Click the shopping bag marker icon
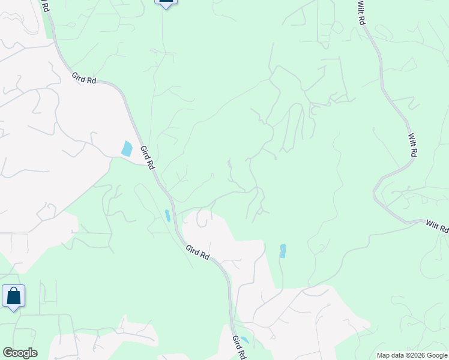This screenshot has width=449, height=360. click(x=13, y=296)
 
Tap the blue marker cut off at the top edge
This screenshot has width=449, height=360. click(x=166, y=2)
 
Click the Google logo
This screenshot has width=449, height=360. click(x=20, y=353)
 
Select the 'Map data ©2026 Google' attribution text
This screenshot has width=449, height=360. click(x=411, y=355)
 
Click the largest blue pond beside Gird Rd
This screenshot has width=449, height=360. click(x=127, y=148)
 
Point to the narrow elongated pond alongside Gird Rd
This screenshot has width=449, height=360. click(x=167, y=215)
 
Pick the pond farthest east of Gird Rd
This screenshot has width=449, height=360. click(x=283, y=250)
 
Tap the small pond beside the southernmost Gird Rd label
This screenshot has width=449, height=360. click(x=244, y=340)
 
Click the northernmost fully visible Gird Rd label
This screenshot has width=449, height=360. click(x=84, y=79)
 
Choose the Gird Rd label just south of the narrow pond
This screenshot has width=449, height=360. click(x=197, y=252)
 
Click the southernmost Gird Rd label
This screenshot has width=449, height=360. click(x=238, y=347)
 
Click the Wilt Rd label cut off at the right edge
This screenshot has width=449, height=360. click(x=438, y=226)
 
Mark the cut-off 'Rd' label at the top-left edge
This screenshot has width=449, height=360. click(x=44, y=5)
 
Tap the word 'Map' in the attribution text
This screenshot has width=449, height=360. click(x=383, y=355)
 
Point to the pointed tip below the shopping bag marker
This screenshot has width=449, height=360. click(x=13, y=310)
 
